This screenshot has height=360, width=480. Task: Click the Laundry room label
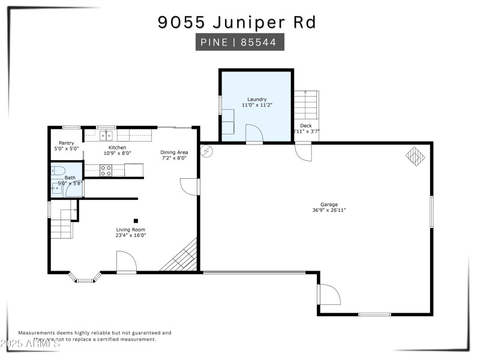(x=257, y=99)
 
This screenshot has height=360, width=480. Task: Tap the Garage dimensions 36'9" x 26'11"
(x=329, y=210)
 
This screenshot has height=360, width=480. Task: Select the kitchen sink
(x=106, y=136)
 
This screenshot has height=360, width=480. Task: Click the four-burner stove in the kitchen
(x=105, y=170)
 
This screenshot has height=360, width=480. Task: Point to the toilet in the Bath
(x=58, y=170)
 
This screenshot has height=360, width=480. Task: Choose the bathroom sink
(x=56, y=189)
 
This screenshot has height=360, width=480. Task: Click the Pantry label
(x=66, y=143)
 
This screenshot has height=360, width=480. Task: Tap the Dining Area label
(x=174, y=152)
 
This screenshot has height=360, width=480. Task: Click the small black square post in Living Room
(x=136, y=221)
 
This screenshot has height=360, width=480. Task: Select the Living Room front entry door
(x=127, y=262)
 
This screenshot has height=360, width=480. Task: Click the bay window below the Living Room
(x=85, y=278)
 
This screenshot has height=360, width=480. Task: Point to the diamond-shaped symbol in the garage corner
(x=415, y=156)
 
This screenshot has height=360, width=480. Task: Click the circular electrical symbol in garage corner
(x=207, y=152)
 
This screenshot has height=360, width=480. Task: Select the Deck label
(x=306, y=125)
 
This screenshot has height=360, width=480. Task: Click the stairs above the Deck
(x=305, y=104)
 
